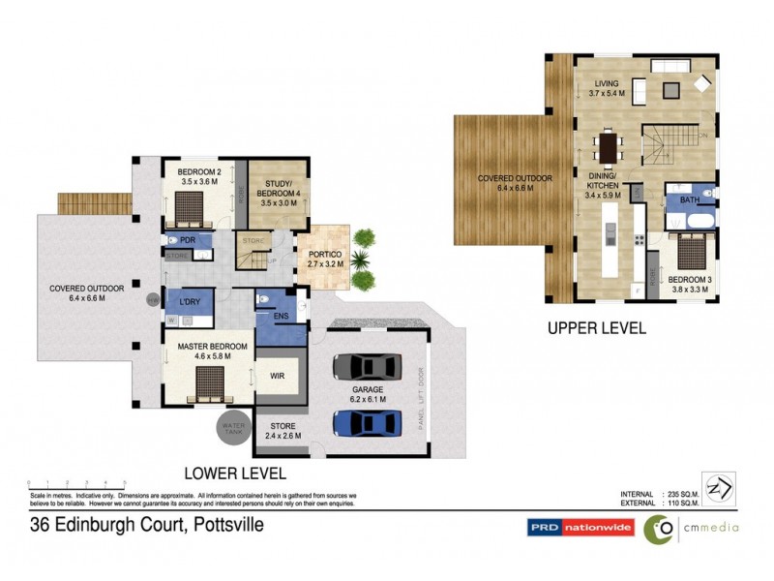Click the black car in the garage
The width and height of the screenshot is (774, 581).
[x=367, y=366]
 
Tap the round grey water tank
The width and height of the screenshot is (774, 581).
[x=231, y=427]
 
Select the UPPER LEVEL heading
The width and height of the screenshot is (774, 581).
[x=597, y=328]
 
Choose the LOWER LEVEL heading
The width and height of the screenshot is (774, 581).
[x=235, y=474]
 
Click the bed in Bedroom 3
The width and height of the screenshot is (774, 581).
[x=690, y=250]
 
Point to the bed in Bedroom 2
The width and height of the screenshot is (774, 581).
[x=191, y=205]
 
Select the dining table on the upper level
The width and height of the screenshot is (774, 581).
[x=608, y=147]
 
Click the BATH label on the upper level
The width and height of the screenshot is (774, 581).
[x=689, y=200]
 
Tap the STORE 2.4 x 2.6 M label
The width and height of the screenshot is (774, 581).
[x=283, y=431]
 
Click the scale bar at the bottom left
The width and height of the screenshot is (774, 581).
[x=77, y=482]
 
